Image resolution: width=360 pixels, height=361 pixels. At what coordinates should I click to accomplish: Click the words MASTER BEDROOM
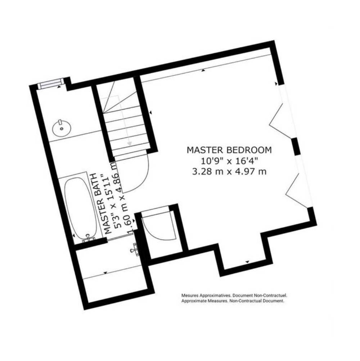pyautogui.click(x=229, y=150)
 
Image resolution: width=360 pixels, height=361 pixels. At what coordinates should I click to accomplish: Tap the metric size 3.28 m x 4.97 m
pyautogui.click(x=229, y=172)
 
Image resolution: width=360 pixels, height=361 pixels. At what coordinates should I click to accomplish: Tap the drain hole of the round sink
pyautogui.click(x=62, y=129)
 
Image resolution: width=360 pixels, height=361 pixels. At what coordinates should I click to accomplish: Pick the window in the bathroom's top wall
pyautogui.click(x=51, y=83)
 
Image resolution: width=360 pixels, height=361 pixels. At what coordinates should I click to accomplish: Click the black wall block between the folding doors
pyautogui.click(x=296, y=147)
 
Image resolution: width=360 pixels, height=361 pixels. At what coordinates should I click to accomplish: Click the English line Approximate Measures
pyautogui.click(x=233, y=301)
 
